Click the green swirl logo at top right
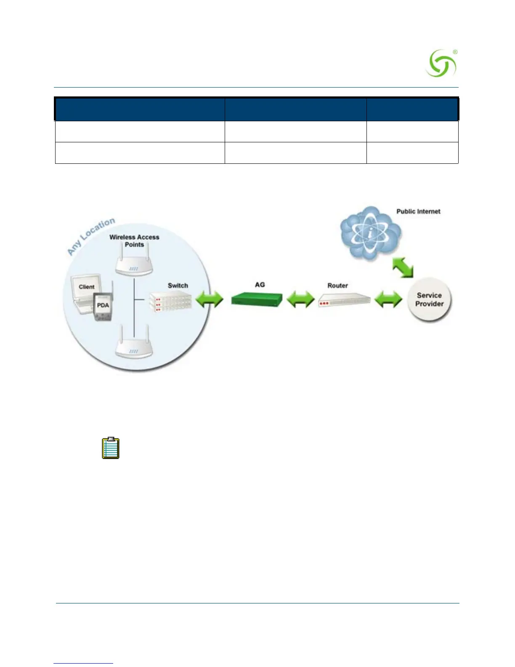coord(441,64)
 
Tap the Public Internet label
coord(418,211)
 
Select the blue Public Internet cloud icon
coord(370,233)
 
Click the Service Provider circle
coord(429,299)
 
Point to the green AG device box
coord(256,299)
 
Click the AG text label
coord(260,285)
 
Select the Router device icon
coord(344,301)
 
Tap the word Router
coord(337,285)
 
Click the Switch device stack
coord(170,301)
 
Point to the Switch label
coord(178,285)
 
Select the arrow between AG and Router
coord(300,299)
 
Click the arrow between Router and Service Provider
coord(388,299)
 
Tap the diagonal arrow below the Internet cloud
coord(403,268)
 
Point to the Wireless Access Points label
coord(134,241)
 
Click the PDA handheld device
coord(103,307)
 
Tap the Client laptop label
coord(87,287)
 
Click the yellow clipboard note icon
coord(111,448)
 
